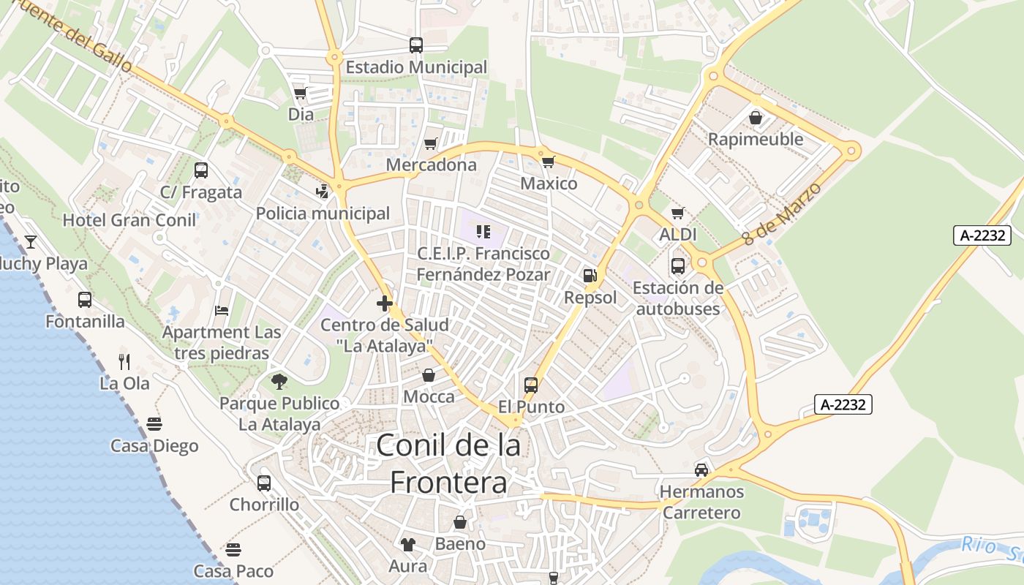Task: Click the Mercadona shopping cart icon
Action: [x=431, y=143]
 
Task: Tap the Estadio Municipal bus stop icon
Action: [x=416, y=45]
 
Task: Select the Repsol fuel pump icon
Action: [x=590, y=276]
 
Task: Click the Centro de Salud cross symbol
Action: [x=385, y=303]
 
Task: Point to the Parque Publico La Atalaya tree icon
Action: [x=279, y=381]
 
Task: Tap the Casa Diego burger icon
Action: [x=154, y=424]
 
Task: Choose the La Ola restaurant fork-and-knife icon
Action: [x=124, y=361]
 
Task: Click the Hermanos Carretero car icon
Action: [x=701, y=469]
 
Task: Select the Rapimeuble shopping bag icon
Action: [x=756, y=118]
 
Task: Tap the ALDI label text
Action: [x=678, y=235]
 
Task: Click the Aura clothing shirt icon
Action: [x=408, y=544]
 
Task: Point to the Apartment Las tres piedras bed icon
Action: [x=222, y=311]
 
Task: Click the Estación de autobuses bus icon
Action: [x=678, y=266]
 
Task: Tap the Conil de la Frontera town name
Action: [x=448, y=464]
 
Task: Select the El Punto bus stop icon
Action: [x=531, y=385]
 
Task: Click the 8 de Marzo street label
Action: [x=781, y=214]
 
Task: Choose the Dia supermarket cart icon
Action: [x=300, y=93]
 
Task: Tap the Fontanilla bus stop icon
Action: [x=85, y=300]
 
